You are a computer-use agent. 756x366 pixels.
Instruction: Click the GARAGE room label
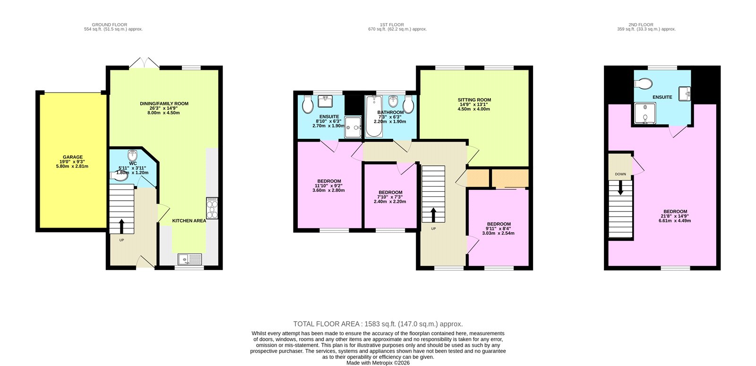pyautogui.click(x=73, y=157)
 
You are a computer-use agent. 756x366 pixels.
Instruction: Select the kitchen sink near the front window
pyautogui.click(x=189, y=259)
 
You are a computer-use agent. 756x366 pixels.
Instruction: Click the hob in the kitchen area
pyautogui.click(x=212, y=208)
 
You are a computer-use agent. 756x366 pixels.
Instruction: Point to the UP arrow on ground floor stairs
pyautogui.click(x=121, y=226)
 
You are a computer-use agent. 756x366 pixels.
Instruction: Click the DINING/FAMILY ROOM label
pyautogui.click(x=164, y=103)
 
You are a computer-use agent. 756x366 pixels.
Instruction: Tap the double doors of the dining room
pyautogui.click(x=145, y=63)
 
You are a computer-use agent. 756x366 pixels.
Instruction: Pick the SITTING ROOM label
pyautogui.click(x=474, y=100)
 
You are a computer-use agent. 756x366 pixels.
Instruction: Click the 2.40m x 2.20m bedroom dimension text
pyautogui.click(x=390, y=202)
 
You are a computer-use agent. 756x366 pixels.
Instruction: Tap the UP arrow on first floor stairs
pyautogui.click(x=433, y=215)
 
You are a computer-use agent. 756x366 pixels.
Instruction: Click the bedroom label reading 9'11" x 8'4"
pyautogui.click(x=499, y=229)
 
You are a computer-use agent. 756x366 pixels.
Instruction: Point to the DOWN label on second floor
pyautogui.click(x=620, y=174)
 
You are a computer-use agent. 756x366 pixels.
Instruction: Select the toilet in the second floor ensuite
pyautogui.click(x=643, y=84)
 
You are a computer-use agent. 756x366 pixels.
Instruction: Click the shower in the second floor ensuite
pyautogui.click(x=644, y=114)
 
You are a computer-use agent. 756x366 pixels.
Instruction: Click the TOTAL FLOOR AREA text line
pyautogui.click(x=378, y=324)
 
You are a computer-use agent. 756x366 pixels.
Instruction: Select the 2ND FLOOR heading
pyautogui.click(x=641, y=25)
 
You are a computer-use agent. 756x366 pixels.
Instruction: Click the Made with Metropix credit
pyautogui.click(x=378, y=363)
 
